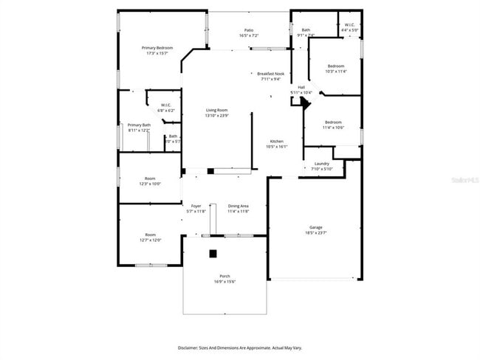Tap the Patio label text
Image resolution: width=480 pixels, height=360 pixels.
point(248,33)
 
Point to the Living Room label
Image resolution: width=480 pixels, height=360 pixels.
point(216,112)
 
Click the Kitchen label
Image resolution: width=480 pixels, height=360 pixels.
point(276,144)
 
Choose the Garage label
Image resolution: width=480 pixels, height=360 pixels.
point(315,229)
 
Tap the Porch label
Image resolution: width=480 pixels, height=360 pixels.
point(224,278)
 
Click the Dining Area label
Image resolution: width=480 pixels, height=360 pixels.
point(238,208)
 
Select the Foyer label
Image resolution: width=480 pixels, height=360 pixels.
point(196,208)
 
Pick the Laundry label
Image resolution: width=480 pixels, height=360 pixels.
point(321,166)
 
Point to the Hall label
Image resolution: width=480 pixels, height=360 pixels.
point(301,89)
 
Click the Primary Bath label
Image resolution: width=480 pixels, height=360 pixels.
point(139,127)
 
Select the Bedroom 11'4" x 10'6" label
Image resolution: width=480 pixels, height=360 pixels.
point(333,125)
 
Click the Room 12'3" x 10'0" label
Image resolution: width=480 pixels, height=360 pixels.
point(150,181)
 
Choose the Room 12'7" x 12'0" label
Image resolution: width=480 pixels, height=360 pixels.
point(150,238)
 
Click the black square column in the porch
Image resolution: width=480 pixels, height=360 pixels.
point(213,254)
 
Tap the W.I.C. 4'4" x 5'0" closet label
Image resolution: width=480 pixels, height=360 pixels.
point(349,28)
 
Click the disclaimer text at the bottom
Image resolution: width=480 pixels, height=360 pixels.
point(240,347)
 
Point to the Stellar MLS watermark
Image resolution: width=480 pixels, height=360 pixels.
point(459,179)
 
